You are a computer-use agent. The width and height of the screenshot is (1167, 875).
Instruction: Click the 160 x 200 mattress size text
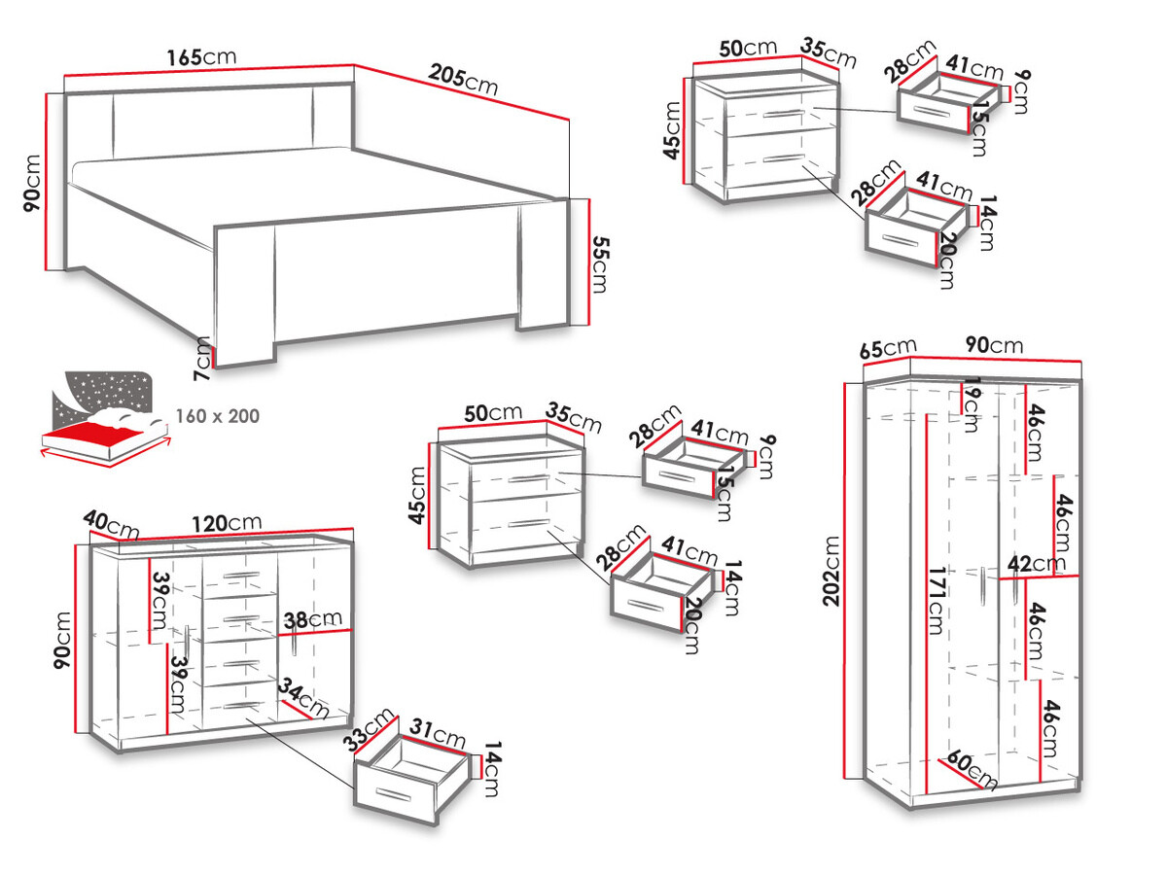tap(217, 416)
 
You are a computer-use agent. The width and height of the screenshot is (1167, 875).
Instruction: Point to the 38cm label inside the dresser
tap(312, 620)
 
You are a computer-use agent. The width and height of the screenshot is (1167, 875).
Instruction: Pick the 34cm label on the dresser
tap(301, 695)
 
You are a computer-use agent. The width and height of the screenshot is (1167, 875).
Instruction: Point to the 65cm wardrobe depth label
tap(887, 347)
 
